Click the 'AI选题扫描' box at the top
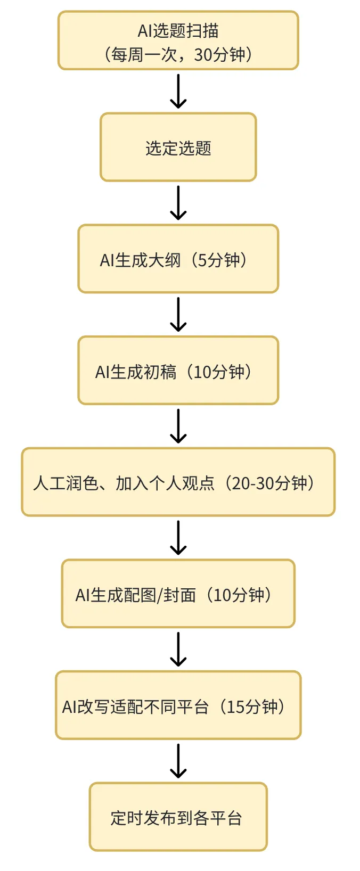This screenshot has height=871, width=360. pyautogui.click(x=178, y=40)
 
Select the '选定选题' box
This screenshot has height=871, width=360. pyautogui.click(x=178, y=147)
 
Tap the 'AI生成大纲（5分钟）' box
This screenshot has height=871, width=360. pyautogui.click(x=178, y=259)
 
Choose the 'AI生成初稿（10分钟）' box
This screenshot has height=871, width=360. pyautogui.click(x=178, y=371)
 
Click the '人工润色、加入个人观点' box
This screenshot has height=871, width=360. pyautogui.click(x=178, y=482)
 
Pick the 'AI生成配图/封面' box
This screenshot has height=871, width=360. pyautogui.click(x=178, y=594)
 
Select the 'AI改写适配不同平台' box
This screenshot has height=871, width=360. pyautogui.click(x=178, y=706)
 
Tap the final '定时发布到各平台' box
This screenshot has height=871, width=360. pyautogui.click(x=178, y=817)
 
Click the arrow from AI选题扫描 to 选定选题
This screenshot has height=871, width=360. pyautogui.click(x=178, y=91)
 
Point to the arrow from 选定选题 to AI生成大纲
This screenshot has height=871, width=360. pyautogui.click(x=178, y=203)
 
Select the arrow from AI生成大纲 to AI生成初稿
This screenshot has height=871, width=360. pyautogui.click(x=178, y=315)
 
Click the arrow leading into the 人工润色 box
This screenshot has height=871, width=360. pyautogui.click(x=178, y=426)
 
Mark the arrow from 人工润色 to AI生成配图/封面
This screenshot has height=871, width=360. pyautogui.click(x=178, y=538)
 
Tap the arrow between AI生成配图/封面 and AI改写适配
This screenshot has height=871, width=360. pyautogui.click(x=178, y=650)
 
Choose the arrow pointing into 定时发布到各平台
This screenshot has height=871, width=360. pyautogui.click(x=178, y=761)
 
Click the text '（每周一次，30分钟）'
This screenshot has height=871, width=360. pyautogui.click(x=178, y=54)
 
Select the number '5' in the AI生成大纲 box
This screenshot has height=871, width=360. pyautogui.click(x=202, y=260)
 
